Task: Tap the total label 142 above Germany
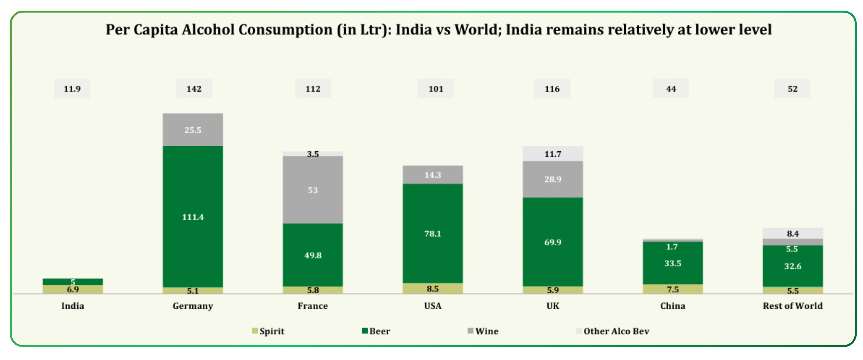(194, 89)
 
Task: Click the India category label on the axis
(72, 306)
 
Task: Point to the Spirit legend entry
(268, 331)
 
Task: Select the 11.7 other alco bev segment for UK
(553, 154)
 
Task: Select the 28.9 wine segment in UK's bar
(553, 179)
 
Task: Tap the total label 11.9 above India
(72, 89)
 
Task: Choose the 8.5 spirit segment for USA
(432, 289)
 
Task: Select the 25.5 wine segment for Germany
(193, 130)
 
